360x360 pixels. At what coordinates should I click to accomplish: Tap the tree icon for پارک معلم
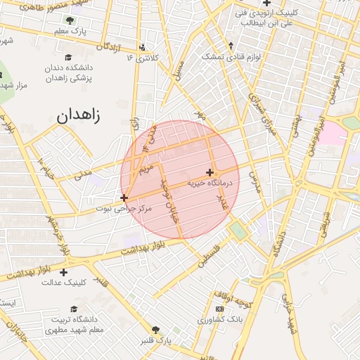click(70, 20)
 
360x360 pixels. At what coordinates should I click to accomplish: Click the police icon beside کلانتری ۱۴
click(143, 48)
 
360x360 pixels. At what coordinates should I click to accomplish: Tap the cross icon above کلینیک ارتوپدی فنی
click(266, 3)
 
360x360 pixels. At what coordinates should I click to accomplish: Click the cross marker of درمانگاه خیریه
click(210, 172)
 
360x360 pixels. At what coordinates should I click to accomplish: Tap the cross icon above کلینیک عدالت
click(64, 272)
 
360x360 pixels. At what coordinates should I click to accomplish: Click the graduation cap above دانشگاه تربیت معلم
click(75, 309)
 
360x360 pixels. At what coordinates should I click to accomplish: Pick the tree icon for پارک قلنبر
click(155, 330)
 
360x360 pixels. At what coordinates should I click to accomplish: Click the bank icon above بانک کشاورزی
click(220, 309)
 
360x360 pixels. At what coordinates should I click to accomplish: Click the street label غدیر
click(221, 202)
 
